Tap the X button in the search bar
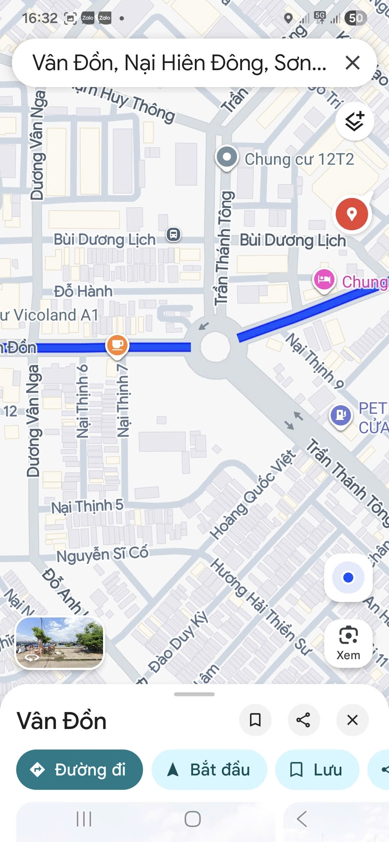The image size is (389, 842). [x=352, y=63]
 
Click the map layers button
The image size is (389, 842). [x=354, y=121]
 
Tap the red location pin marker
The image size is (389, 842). [x=352, y=214]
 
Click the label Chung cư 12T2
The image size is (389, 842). [x=299, y=159]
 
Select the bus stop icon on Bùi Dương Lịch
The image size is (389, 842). [x=174, y=235]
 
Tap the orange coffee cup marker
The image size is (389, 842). [x=117, y=345]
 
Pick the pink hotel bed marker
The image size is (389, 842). [x=324, y=280]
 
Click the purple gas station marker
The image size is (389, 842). [x=340, y=415]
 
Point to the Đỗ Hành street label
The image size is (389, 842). [x=83, y=291]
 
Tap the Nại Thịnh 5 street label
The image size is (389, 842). [x=87, y=507]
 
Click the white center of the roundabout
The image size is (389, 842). [x=215, y=347]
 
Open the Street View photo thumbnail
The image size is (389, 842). [x=60, y=643]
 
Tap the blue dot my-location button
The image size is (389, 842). [x=348, y=578]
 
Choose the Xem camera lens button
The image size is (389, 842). [x=348, y=643]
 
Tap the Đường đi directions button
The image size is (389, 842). [x=80, y=770]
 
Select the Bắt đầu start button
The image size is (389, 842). [x=209, y=770]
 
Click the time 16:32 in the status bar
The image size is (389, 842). [x=40, y=18]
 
